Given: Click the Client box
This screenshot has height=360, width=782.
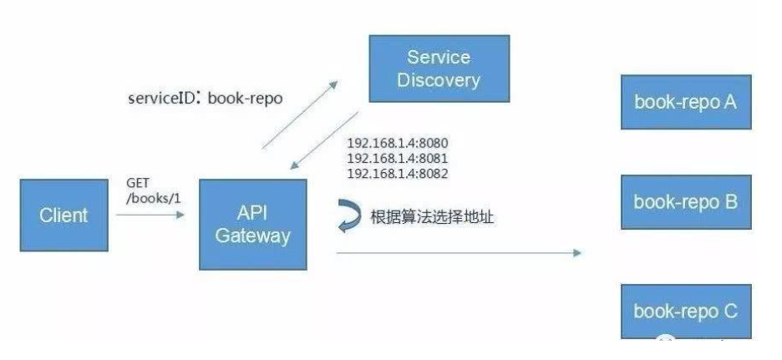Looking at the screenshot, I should click(64, 215).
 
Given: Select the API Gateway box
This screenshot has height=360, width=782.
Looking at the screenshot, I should click(251, 224).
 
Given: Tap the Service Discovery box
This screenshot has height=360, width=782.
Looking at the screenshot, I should click(439, 68).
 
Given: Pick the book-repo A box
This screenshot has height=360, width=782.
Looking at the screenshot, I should click(685, 102).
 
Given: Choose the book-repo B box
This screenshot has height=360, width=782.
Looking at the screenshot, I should click(685, 201).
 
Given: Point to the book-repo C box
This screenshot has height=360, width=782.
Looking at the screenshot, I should click(685, 312).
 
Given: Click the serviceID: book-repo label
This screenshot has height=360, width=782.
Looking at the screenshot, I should click(205, 99).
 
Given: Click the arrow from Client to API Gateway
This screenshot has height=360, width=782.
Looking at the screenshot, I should click(150, 215).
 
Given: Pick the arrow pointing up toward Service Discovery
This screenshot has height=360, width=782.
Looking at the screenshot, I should click(300, 114).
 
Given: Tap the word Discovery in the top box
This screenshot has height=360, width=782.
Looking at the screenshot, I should click(439, 80).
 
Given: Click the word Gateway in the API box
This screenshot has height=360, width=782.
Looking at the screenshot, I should click(251, 236).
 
